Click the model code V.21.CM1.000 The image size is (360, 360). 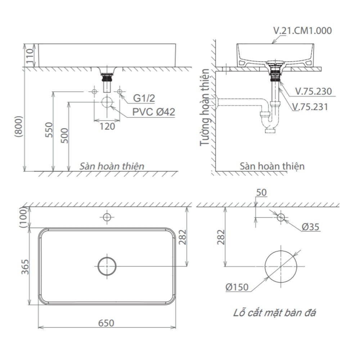pyautogui.click(x=302, y=30)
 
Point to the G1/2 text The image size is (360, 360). pyautogui.click(x=144, y=98)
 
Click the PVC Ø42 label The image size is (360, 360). pyautogui.click(x=153, y=112)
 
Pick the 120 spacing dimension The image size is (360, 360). pyautogui.click(x=107, y=126)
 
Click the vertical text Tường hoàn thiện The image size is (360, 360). pyautogui.click(x=205, y=108)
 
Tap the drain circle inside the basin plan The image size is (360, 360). pyautogui.click(x=107, y=266)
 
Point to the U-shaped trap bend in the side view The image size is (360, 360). pyautogui.click(x=270, y=126)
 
